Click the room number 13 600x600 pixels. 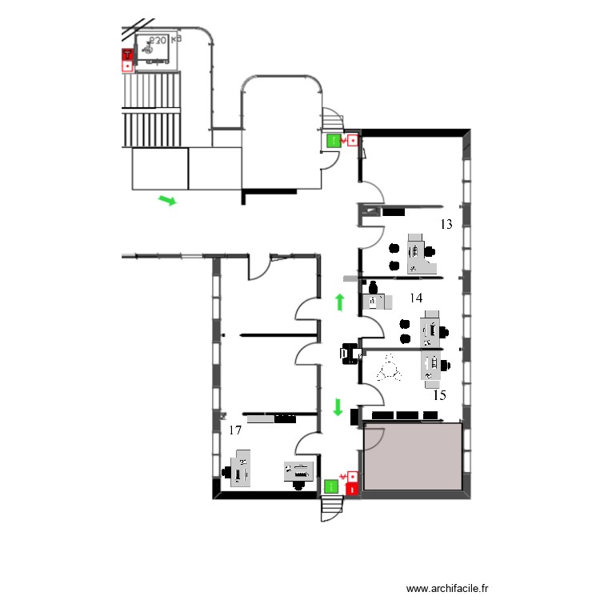coord(446,225)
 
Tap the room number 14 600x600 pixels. coord(416,298)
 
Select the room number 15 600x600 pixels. coord(439,394)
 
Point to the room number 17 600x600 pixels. coord(235,430)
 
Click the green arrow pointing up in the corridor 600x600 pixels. coord(339,302)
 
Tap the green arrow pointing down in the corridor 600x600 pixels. coord(338,407)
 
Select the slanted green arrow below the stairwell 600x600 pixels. coord(167,200)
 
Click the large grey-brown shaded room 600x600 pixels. coord(413,457)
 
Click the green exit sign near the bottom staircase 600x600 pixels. coord(331,485)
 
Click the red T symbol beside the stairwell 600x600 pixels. coord(126,55)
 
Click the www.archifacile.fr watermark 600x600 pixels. coord(447,588)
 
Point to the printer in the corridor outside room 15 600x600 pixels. coord(350,353)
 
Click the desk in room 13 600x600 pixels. coord(417,254)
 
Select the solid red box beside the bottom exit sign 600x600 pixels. coord(353,486)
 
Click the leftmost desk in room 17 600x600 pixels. coord(241,469)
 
